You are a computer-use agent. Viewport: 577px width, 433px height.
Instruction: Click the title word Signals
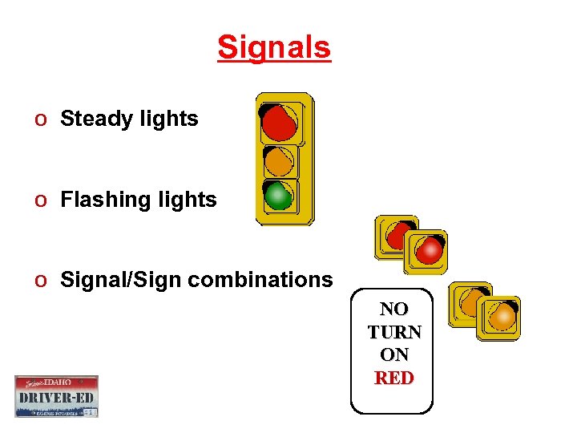point(273,47)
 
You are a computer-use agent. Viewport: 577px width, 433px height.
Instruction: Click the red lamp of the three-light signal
point(279,121)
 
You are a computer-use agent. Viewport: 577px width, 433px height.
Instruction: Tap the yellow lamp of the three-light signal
point(279,161)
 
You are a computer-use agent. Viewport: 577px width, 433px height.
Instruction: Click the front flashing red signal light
point(430,250)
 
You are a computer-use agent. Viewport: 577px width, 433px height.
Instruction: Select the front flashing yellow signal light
point(502,316)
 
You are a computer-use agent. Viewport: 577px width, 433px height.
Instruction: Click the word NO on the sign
point(393,309)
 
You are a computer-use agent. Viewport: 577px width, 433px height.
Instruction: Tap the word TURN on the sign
point(394,332)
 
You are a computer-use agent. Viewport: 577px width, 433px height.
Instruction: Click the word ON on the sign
point(393,354)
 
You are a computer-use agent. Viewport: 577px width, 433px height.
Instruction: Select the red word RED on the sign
point(394,378)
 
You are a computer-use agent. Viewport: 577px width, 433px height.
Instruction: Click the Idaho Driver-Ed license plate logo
point(56,396)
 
